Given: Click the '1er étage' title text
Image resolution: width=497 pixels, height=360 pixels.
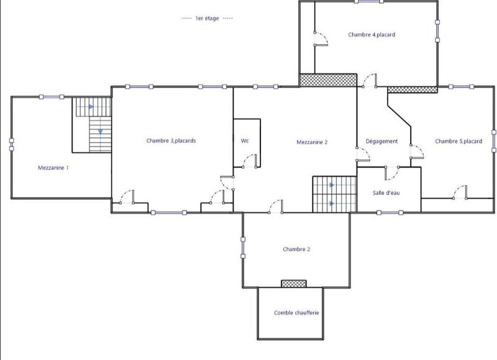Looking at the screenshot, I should click(x=207, y=19).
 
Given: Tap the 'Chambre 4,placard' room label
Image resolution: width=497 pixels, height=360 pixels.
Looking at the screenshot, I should click(x=372, y=35).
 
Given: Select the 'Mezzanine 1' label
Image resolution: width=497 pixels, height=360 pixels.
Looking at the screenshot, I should click(x=53, y=168).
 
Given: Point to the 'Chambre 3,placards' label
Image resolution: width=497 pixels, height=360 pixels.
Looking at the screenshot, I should click(x=171, y=141).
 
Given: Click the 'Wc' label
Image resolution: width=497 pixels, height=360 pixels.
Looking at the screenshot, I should click(x=245, y=141).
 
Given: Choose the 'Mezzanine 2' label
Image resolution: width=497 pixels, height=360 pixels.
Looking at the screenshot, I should click(x=312, y=142).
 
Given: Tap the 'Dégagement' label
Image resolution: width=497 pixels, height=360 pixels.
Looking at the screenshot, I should click(x=381, y=142).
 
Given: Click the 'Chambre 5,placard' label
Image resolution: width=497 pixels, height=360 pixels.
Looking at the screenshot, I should click(x=458, y=142).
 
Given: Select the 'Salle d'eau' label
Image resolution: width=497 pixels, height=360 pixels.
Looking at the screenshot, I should click(x=386, y=193).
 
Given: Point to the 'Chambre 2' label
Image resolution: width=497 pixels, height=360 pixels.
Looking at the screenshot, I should click(x=296, y=250).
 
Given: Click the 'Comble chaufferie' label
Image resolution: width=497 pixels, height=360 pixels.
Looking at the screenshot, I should click(x=296, y=313).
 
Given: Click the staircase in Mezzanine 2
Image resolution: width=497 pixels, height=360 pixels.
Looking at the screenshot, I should click(x=334, y=194).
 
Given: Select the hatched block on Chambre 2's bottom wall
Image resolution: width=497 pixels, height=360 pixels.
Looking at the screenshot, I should click(x=293, y=284).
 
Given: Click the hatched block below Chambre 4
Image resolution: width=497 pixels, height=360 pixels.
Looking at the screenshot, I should click(x=328, y=80).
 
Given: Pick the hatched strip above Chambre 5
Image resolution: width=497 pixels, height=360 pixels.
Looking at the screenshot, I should click(x=413, y=89).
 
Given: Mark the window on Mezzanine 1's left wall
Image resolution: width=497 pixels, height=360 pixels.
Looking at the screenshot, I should click(x=11, y=144).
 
